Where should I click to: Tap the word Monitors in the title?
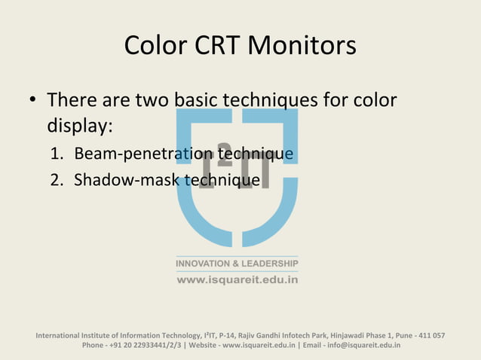(305, 46)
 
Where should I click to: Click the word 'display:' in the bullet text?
(79, 125)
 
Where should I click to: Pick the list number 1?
(57, 156)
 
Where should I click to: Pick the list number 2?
(57, 181)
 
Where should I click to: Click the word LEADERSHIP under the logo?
(270, 264)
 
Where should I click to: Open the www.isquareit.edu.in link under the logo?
(237, 279)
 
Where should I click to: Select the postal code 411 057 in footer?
(427, 335)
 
